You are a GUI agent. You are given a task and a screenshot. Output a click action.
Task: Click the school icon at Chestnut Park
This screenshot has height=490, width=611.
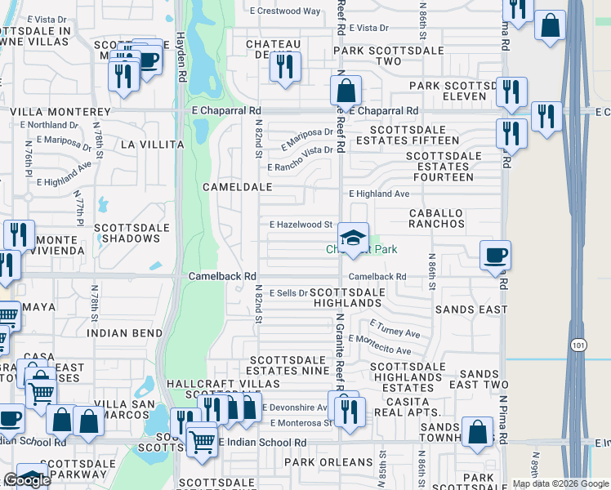point(353,238)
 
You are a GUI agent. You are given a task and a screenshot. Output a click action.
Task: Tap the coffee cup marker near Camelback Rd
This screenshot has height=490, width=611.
point(495,256)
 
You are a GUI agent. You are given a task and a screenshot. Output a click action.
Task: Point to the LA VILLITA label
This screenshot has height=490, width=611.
point(152,144)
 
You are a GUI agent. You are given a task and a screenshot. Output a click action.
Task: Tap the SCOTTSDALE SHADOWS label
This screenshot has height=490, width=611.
point(127,233)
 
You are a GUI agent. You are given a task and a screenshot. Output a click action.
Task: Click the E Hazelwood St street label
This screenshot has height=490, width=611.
point(301,224)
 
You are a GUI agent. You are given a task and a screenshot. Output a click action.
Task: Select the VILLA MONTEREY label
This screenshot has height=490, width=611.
point(60,111)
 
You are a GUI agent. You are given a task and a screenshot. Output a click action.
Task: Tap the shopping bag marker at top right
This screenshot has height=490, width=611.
point(551,24)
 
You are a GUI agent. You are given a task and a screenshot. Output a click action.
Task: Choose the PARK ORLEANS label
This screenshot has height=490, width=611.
point(323,462)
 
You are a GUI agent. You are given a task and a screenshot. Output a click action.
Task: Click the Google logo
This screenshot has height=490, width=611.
point(27,480)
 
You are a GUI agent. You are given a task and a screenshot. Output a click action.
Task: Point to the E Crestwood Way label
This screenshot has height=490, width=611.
point(285,11)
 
